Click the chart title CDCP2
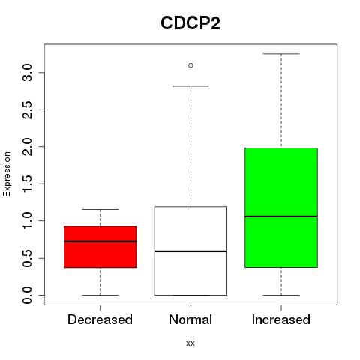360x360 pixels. [x=190, y=23]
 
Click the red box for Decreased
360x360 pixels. [x=100, y=247]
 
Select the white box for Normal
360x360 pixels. [x=190, y=250]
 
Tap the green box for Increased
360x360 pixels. [x=281, y=208]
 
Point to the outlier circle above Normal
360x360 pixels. [x=190, y=65]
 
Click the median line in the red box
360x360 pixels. [x=100, y=241]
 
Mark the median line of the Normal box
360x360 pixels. [x=190, y=251]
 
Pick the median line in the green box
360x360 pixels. [x=281, y=217]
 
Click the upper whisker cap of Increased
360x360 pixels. [x=281, y=54]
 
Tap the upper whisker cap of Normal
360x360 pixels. [x=190, y=86]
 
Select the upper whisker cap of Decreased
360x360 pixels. [x=100, y=209]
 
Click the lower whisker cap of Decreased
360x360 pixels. [x=100, y=295]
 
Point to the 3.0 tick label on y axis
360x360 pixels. [x=28, y=73]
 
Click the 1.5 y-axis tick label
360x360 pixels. [x=28, y=184]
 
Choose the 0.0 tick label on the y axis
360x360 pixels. [x=28, y=295]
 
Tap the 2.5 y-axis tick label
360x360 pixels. [x=28, y=109]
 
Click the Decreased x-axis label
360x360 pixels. [x=100, y=319]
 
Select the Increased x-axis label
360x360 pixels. [x=281, y=319]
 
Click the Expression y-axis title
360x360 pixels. [x=7, y=174]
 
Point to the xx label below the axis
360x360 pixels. [x=190, y=343]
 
